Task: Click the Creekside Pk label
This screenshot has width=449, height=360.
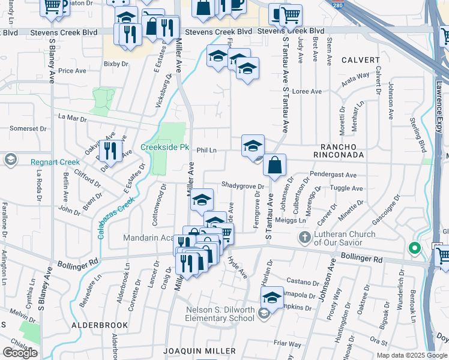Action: [x=164, y=147]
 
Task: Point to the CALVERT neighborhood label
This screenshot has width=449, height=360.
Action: [x=360, y=60]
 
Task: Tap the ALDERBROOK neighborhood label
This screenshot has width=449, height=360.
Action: [x=100, y=325]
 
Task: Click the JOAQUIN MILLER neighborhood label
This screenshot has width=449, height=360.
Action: [x=199, y=350]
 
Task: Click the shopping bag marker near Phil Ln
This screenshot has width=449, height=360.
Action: [x=274, y=166]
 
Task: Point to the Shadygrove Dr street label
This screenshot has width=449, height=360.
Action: [x=243, y=185]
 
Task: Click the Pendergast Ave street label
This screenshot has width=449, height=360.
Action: [x=333, y=175]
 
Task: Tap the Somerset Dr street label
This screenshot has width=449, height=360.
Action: [x=28, y=128]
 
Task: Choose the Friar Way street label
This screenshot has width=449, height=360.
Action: [x=287, y=344]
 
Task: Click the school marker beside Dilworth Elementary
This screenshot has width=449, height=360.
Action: [x=272, y=298]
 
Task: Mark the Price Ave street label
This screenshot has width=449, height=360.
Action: [x=72, y=71]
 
